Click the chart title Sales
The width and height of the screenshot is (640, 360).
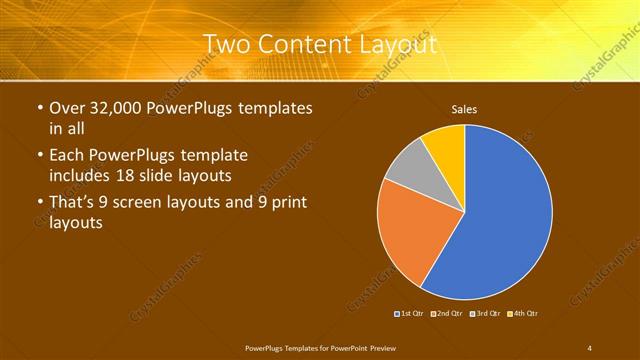(463, 109)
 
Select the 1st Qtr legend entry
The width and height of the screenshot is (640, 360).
(411, 314)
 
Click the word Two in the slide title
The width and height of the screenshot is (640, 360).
(229, 44)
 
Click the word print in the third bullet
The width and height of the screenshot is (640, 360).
(287, 203)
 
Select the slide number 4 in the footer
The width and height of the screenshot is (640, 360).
(589, 348)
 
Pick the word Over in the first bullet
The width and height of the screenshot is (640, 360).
(67, 107)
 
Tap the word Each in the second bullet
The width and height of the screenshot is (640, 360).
(67, 155)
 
